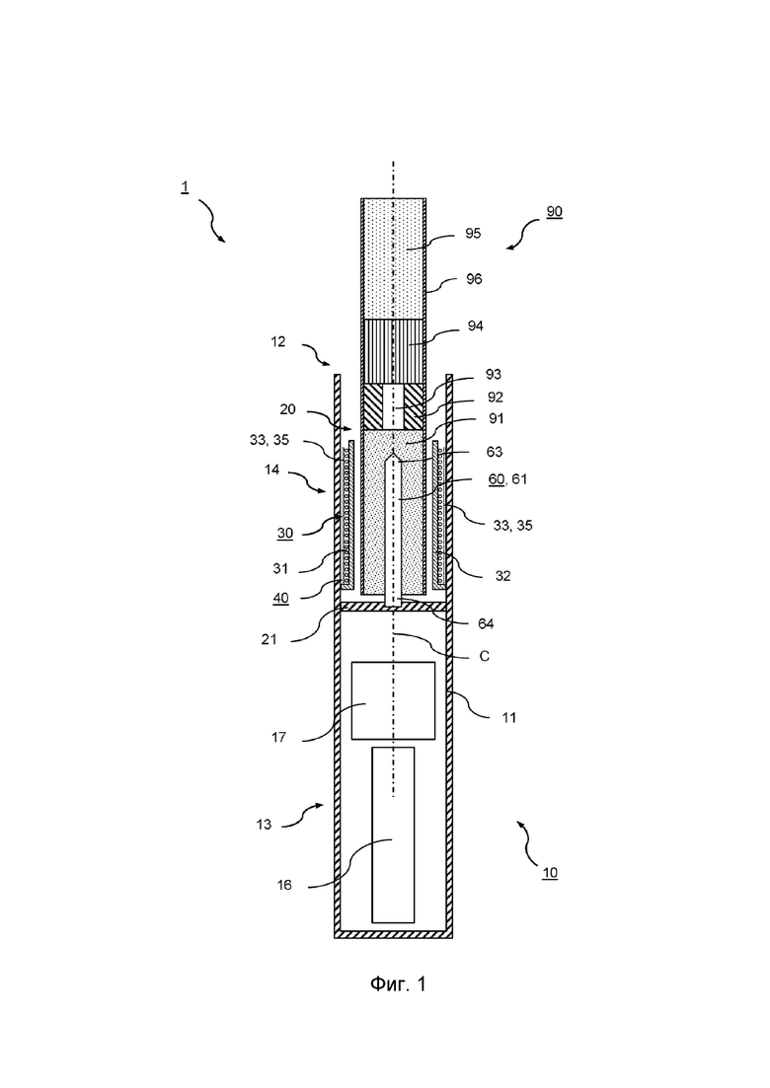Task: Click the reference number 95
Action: [473, 233]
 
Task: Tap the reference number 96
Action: [474, 279]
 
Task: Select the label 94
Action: [476, 326]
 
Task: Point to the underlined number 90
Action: [554, 212]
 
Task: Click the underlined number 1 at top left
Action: [185, 187]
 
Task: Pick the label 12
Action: [277, 342]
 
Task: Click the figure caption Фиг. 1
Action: [398, 983]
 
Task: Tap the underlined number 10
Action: [549, 873]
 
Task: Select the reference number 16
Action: [284, 886]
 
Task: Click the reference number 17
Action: [278, 738]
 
